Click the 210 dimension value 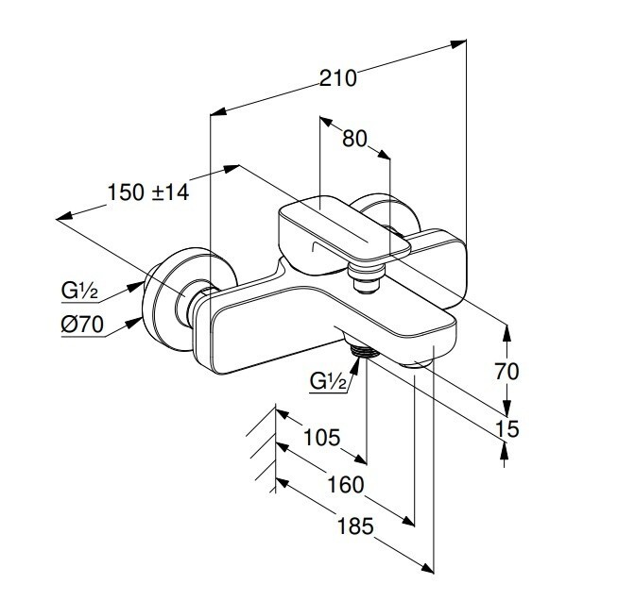pos(337,78)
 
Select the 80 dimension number pos(354,139)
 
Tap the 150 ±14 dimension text pos(148,192)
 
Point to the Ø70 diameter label pos(82,325)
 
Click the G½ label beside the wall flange pos(79,292)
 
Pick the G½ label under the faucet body pos(328,380)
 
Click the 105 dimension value pos(321,437)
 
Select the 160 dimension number pos(346,485)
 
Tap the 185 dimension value pos(355,526)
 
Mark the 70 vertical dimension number pos(506,371)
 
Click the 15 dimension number pos(506,428)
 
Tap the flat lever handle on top pos(345,230)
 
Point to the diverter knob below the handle pos(367,278)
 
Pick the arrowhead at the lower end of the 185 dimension pos(427,568)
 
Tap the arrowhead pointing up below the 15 pos(505,449)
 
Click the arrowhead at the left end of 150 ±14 pos(64,216)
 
